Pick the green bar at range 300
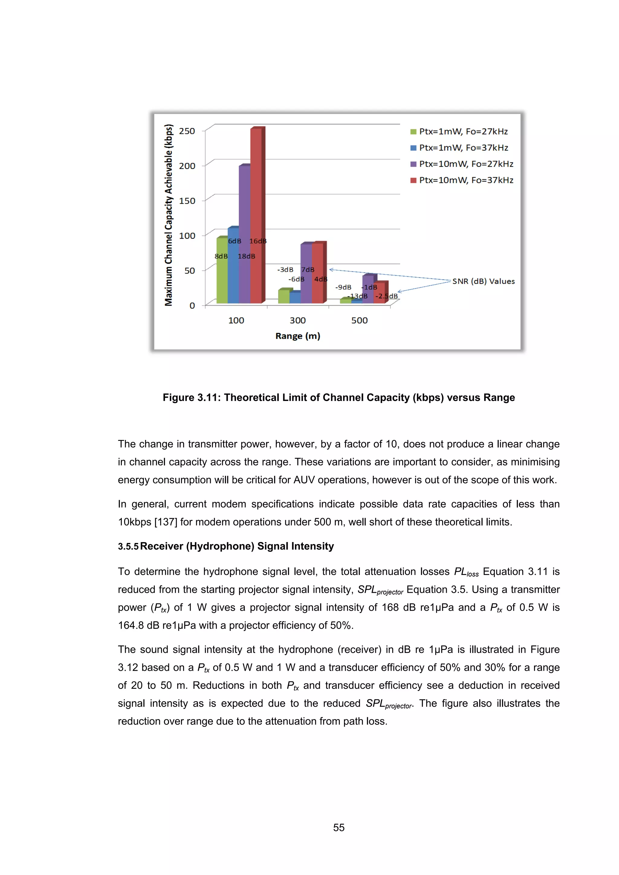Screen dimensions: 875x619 (284, 296)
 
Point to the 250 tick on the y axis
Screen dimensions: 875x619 (187, 131)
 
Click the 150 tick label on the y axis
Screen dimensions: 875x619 (187, 201)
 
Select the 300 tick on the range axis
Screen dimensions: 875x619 (298, 321)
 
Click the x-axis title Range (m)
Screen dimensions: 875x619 (298, 336)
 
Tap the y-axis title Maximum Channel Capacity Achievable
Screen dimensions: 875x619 (168, 215)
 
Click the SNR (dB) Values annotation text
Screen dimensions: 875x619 (483, 281)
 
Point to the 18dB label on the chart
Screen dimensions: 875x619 (246, 257)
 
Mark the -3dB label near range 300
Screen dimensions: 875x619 (285, 270)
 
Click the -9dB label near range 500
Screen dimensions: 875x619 (343, 287)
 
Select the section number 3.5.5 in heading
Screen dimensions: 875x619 (128, 547)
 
